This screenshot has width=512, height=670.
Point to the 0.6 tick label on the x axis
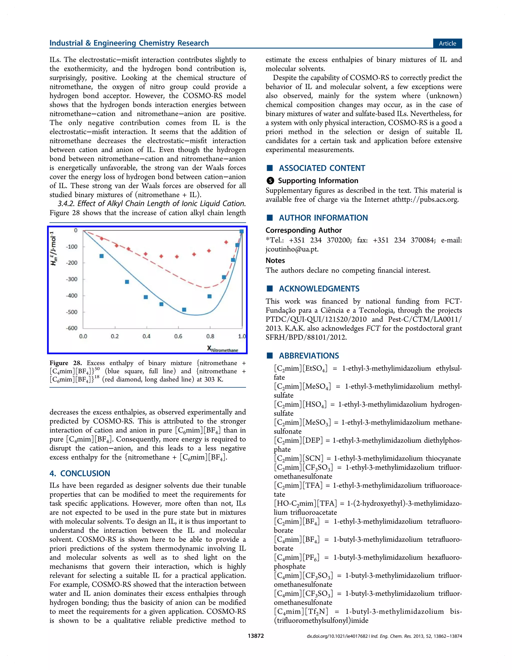click(178, 336)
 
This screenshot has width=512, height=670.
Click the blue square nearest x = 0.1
click(101, 256)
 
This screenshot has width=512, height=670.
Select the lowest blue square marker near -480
click(184, 309)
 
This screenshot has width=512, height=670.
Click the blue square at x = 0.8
click(209, 296)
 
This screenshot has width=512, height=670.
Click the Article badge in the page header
click(447, 43)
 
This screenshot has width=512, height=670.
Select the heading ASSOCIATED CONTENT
click(322, 168)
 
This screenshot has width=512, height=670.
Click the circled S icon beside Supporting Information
click(270, 181)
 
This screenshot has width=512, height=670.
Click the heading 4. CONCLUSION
click(80, 473)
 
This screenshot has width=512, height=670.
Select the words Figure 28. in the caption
click(65, 363)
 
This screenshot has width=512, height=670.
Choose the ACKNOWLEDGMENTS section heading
click(319, 288)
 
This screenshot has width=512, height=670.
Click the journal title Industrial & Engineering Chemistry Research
click(129, 43)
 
